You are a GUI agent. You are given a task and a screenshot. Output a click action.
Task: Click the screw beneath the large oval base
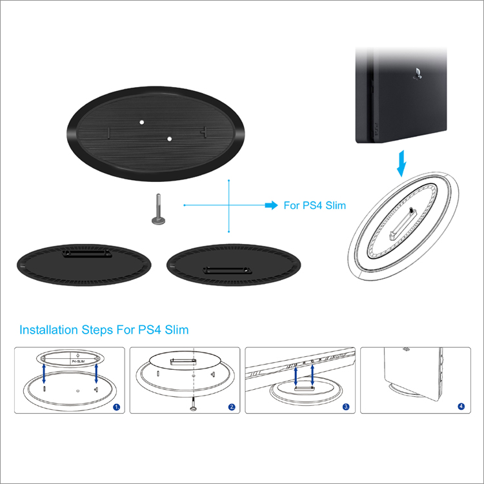(158, 209)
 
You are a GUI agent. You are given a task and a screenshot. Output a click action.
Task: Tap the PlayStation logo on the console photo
(418, 74)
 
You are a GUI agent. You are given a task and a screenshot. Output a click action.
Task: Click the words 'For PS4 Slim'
(314, 205)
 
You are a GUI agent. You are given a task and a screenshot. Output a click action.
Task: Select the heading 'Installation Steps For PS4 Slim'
(104, 330)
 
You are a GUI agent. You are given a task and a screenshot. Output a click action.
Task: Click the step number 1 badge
(117, 407)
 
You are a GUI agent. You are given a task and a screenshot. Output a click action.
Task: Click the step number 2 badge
(232, 407)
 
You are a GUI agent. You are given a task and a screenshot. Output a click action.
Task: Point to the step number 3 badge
(347, 407)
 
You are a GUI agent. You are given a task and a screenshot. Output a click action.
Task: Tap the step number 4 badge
(461, 406)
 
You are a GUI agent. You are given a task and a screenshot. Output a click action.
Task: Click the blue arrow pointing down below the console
(401, 163)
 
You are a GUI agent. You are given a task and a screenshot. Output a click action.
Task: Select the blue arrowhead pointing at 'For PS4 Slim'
(272, 205)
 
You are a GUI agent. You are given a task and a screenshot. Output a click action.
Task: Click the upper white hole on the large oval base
(142, 122)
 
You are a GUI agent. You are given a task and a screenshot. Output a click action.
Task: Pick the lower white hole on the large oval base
(169, 139)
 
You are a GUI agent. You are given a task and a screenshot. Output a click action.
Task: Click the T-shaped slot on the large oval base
(204, 132)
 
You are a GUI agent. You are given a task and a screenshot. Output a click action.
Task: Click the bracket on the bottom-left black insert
(87, 254)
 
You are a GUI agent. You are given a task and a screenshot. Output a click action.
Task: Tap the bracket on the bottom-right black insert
(227, 270)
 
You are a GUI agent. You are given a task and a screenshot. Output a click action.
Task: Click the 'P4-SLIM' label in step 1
(78, 361)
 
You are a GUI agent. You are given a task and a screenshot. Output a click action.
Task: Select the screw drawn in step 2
(193, 405)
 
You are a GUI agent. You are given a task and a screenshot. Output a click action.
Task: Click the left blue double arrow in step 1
(44, 374)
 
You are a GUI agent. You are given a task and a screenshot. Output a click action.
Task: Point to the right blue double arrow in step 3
(312, 375)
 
